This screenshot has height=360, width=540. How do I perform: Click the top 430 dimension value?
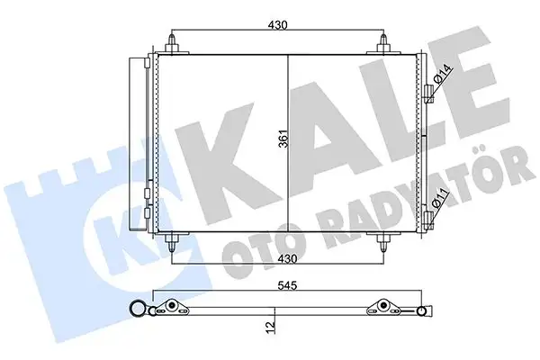click(x=277, y=25)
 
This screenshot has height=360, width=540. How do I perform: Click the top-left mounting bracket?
click(x=171, y=43)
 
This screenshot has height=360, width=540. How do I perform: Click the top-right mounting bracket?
click(x=385, y=43)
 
